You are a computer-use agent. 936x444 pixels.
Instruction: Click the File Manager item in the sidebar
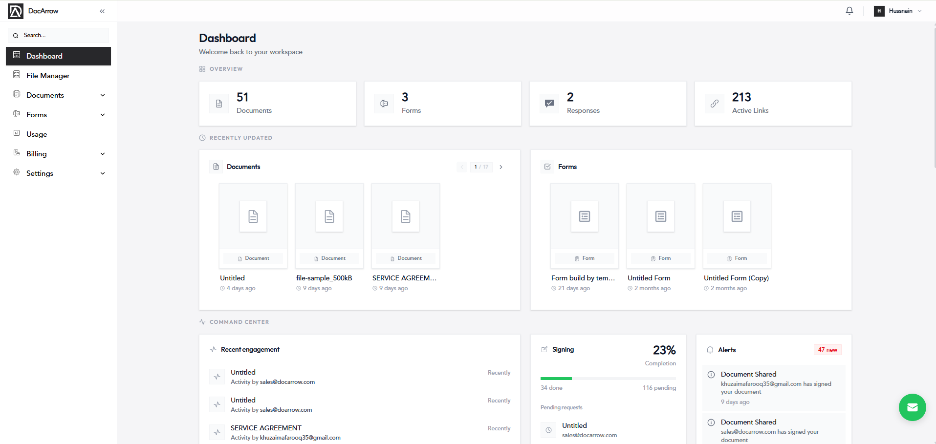[x=48, y=76]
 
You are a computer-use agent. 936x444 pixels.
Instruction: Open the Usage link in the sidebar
[x=37, y=134]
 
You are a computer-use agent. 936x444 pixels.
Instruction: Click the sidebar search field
[x=58, y=35]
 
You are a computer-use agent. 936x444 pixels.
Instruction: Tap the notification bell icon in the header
[x=849, y=11]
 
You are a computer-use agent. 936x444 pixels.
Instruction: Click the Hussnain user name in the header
[x=900, y=11]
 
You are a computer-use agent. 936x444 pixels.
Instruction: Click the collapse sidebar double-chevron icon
[x=102, y=11]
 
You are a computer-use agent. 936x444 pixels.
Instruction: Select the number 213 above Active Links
[x=741, y=97]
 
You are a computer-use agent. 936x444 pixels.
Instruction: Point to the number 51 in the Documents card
[x=242, y=97]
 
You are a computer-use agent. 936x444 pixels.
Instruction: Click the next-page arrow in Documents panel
[x=501, y=167]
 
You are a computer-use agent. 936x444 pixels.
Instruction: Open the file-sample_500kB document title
[x=324, y=278]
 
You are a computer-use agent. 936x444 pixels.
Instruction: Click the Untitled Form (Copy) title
[x=736, y=278]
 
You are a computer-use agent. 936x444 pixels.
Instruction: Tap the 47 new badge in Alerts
[x=827, y=350]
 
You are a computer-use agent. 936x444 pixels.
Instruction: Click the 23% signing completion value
[x=664, y=350]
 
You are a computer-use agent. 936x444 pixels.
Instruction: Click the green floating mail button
[x=913, y=407]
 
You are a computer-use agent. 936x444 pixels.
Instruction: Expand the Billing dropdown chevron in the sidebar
[x=103, y=154]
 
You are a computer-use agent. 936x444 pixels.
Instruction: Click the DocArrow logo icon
[x=16, y=11]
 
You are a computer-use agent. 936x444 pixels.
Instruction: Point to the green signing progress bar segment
[x=556, y=379]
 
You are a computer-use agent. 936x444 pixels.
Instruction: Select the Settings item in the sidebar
[x=40, y=173]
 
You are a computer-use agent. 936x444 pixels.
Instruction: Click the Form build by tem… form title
[x=583, y=278]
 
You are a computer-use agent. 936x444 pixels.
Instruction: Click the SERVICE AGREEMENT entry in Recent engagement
[x=266, y=428]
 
